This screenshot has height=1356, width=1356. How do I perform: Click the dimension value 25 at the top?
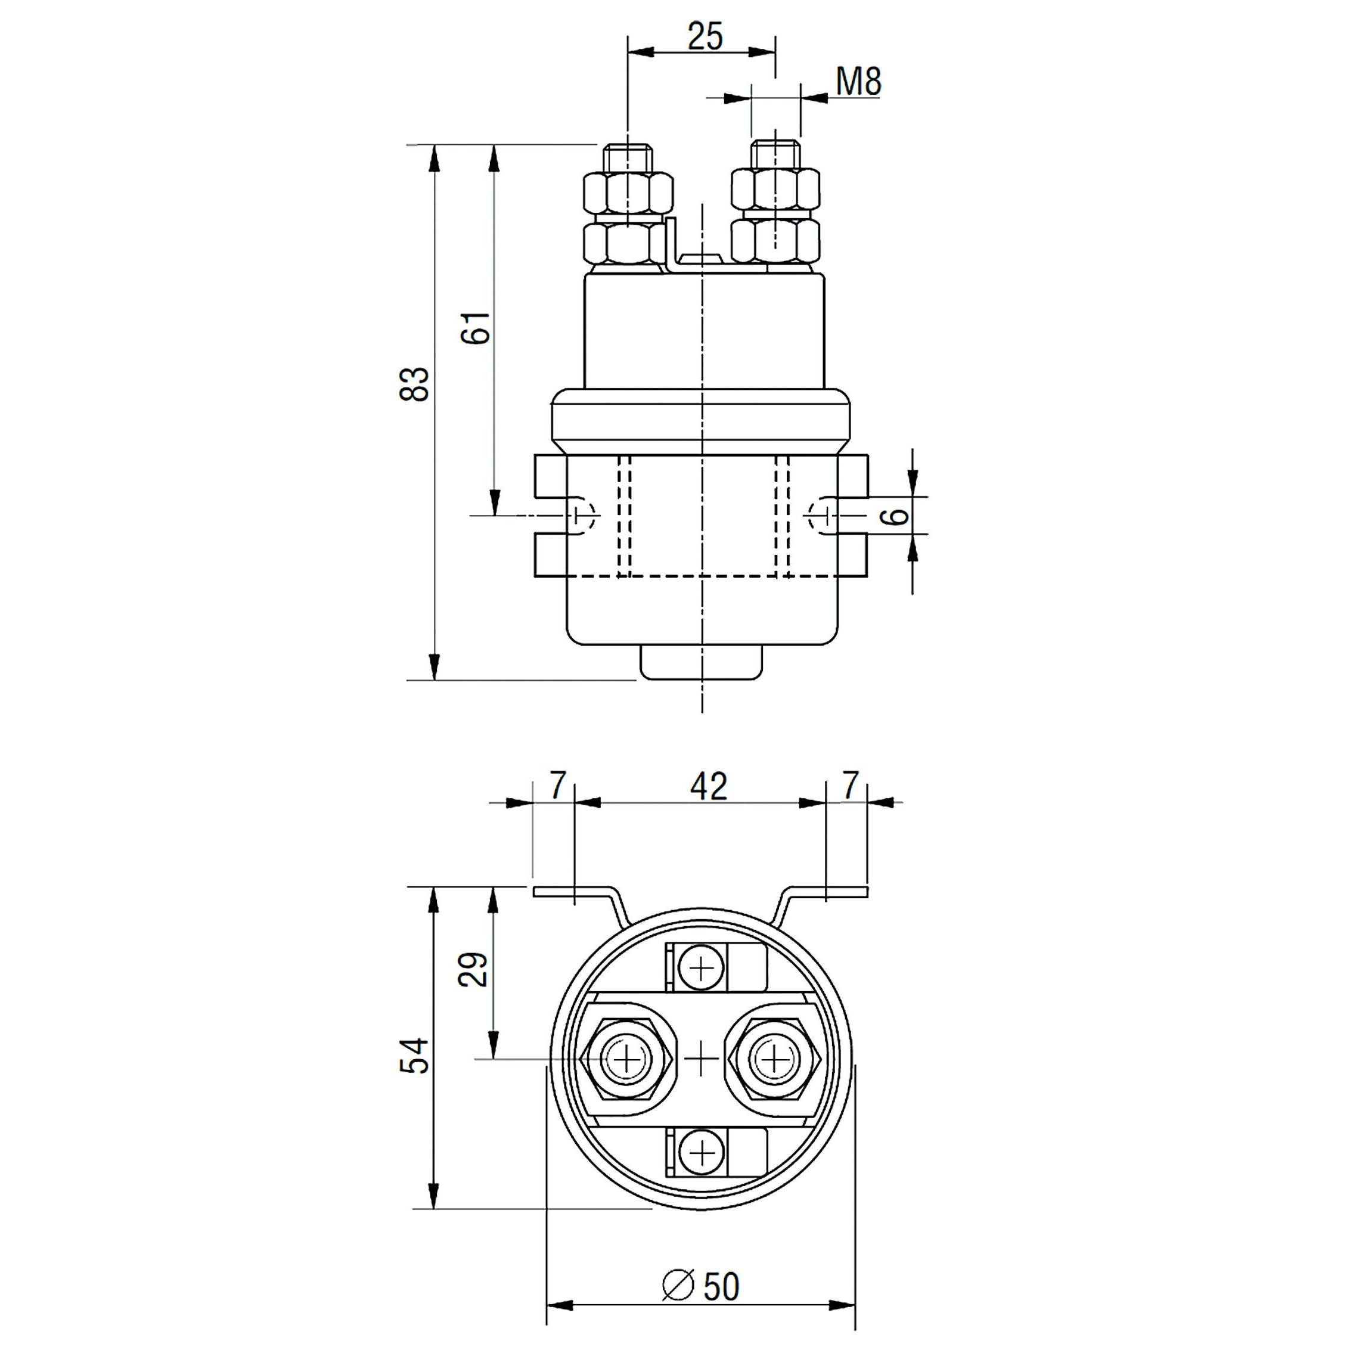click(x=705, y=36)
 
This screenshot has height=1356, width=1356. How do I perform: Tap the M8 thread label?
click(x=858, y=83)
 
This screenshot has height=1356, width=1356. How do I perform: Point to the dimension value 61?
click(x=476, y=327)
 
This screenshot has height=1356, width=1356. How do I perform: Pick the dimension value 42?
click(x=709, y=787)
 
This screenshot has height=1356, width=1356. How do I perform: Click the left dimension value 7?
click(x=557, y=786)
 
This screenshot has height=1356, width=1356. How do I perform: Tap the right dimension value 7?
click(x=850, y=786)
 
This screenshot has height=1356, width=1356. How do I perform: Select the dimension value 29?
click(x=474, y=969)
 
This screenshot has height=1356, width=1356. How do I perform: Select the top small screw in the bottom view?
click(x=701, y=969)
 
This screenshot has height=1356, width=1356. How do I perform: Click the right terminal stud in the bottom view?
click(x=774, y=1059)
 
